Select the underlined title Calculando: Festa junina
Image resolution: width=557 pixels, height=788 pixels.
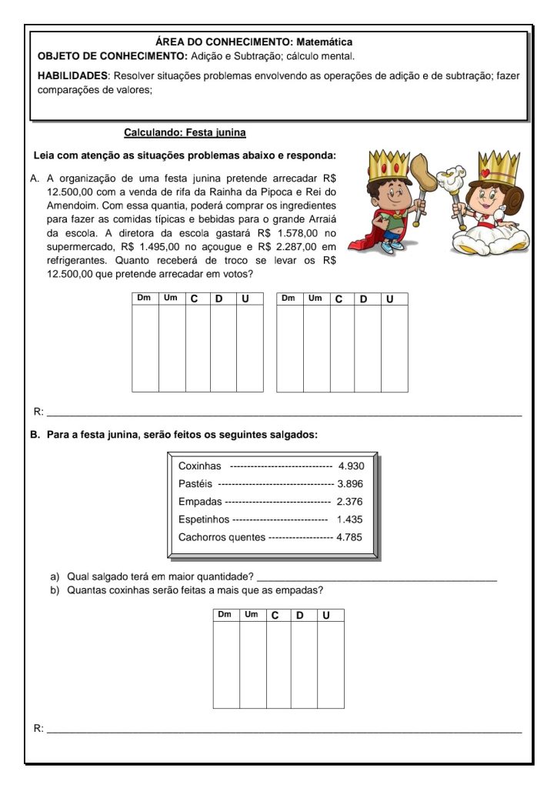point(185,132)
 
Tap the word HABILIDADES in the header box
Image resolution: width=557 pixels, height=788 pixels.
point(74,76)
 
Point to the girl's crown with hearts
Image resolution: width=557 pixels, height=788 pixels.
point(498,167)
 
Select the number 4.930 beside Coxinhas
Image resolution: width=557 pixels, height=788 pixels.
point(350,466)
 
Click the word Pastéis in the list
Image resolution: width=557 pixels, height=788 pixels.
point(195,484)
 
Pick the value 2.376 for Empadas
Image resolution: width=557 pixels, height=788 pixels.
point(350,502)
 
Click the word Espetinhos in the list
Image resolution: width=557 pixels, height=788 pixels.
point(203,519)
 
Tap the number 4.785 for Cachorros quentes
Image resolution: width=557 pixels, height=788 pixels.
point(349,537)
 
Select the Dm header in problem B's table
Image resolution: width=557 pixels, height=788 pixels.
point(225,615)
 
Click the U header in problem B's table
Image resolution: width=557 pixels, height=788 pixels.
point(326,616)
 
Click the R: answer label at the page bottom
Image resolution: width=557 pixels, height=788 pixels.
point(38,727)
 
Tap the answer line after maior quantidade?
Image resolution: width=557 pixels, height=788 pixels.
point(377,578)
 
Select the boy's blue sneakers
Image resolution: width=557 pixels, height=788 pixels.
point(392,248)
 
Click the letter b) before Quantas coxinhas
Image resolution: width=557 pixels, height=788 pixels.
point(55,591)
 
